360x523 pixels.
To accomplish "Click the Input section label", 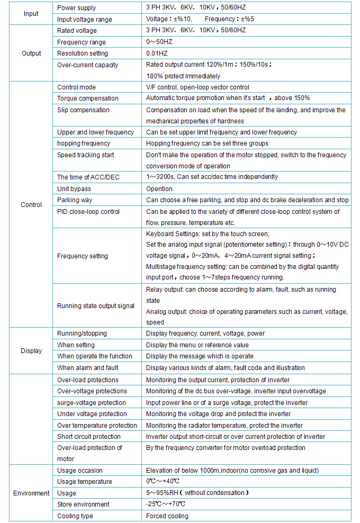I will [x=31, y=14].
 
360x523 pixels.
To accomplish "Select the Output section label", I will [x=31, y=53].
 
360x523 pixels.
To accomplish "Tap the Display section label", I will [x=31, y=351].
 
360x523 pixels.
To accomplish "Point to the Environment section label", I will [x=31, y=493].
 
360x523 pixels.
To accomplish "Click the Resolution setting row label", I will [x=83, y=53].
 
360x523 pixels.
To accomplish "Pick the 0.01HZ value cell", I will [x=158, y=53].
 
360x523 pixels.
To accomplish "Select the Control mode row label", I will [x=77, y=87].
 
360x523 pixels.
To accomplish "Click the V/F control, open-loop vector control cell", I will [x=197, y=87].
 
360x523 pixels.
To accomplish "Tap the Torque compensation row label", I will [x=88, y=98].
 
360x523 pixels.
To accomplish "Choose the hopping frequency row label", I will [x=84, y=143].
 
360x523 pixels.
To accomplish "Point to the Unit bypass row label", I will [x=74, y=188].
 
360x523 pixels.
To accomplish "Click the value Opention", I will [x=159, y=188].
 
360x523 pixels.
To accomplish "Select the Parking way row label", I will [x=75, y=200].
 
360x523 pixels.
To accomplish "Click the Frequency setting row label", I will [x=83, y=256].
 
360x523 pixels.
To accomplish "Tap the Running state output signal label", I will [x=96, y=306].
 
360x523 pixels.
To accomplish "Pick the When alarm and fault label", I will [x=88, y=368].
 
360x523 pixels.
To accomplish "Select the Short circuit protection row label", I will [x=89, y=437].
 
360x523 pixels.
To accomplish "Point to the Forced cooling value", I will [x=167, y=516].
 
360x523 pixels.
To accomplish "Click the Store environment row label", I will [x=84, y=504].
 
